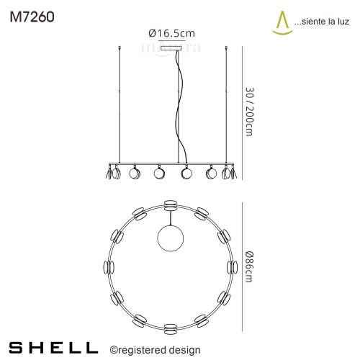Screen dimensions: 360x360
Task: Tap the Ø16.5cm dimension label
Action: (x=171, y=32)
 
